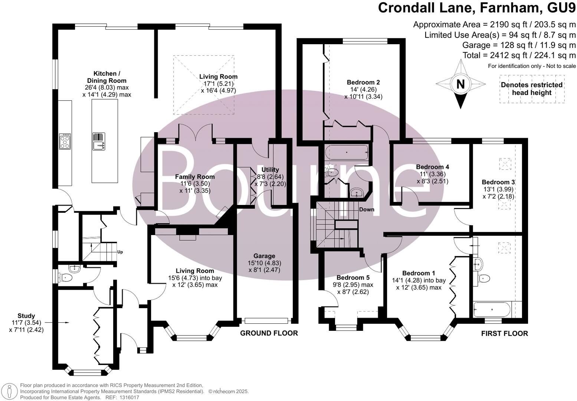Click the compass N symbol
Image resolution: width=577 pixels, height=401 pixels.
tap(460, 84)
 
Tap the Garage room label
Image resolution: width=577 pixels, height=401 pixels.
tap(264, 256)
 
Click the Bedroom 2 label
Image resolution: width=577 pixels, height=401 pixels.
tap(363, 82)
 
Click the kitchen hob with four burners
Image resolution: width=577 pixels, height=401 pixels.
tap(65, 141)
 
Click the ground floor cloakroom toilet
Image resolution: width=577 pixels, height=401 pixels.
tap(66, 277)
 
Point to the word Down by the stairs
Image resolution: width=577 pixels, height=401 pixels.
tap(367, 209)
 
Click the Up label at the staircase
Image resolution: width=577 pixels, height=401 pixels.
tap(120, 252)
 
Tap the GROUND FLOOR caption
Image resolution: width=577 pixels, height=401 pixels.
tap(269, 333)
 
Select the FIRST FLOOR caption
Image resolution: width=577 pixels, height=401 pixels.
tap(504, 333)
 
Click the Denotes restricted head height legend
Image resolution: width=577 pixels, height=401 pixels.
tap(531, 88)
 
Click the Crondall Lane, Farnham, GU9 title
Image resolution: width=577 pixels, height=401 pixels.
tap(477, 8)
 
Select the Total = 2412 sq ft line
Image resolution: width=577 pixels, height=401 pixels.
tap(519, 55)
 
